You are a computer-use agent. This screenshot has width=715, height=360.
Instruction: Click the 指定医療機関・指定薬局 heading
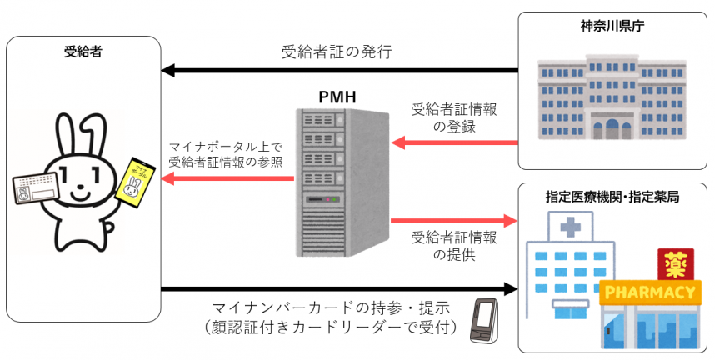612,197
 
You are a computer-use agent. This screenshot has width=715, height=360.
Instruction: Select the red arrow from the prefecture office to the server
454,142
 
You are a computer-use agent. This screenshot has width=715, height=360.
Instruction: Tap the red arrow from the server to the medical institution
454,221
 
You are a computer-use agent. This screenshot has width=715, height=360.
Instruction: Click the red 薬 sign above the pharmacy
671,264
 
